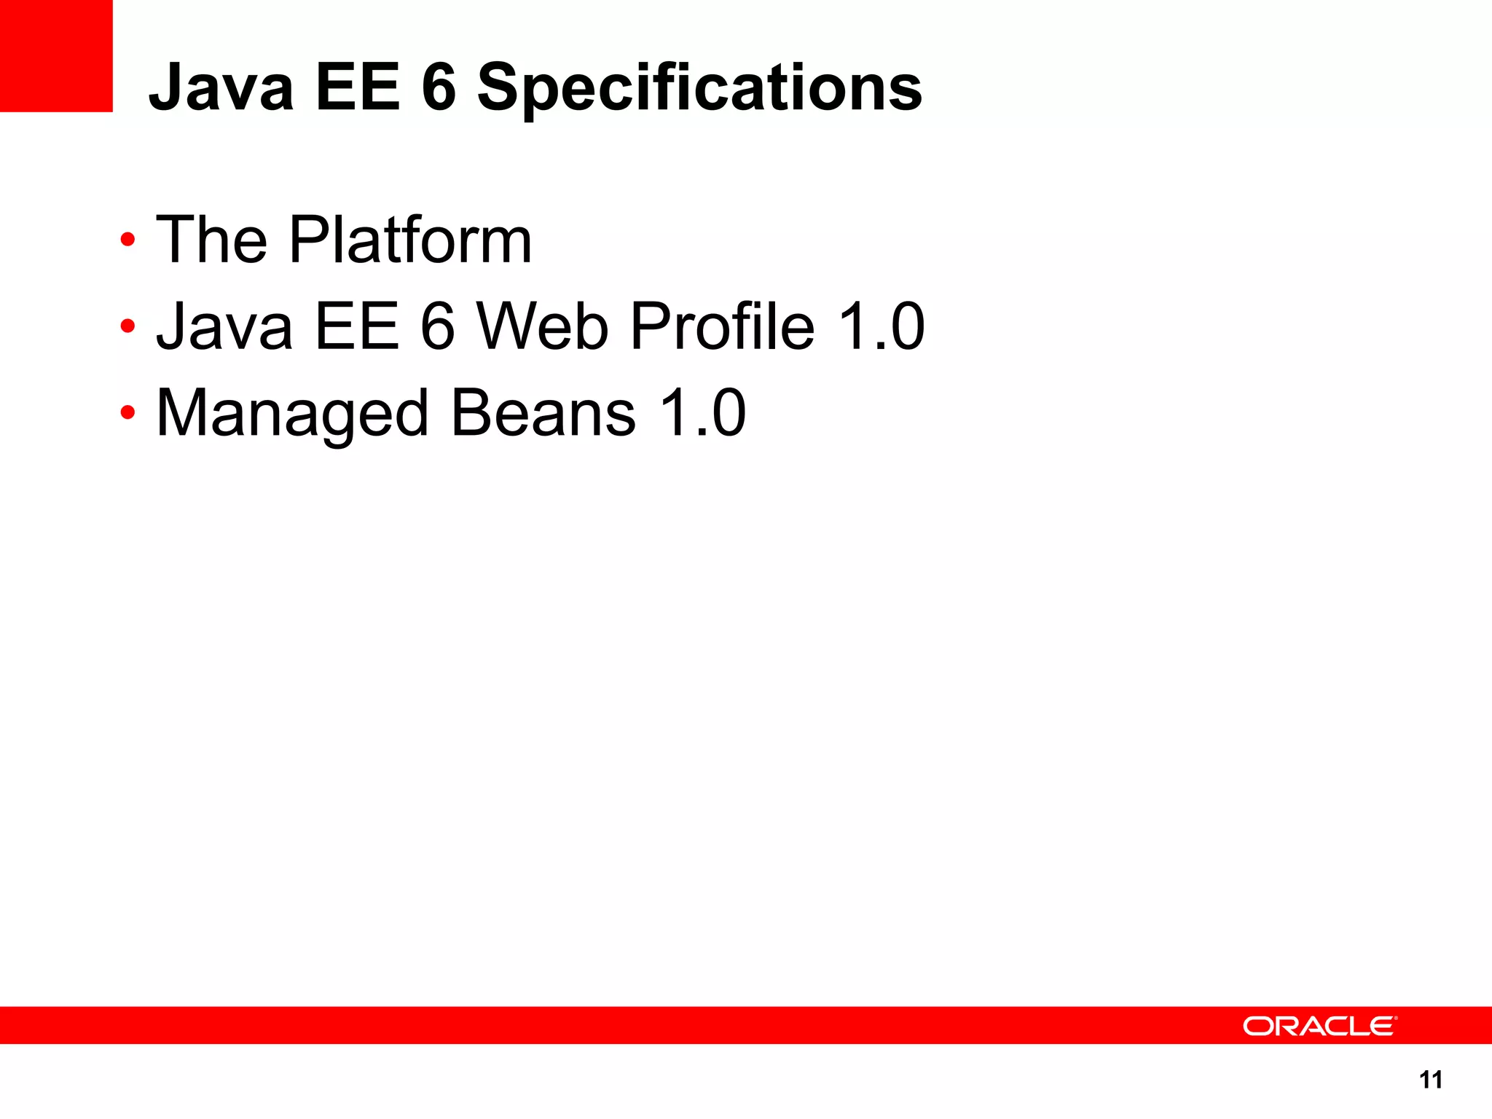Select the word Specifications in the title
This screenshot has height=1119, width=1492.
click(x=699, y=89)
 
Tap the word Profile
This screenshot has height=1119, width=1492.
click(x=722, y=326)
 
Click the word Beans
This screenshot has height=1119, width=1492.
click(x=543, y=412)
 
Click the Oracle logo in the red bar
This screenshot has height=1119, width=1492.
click(x=1319, y=1026)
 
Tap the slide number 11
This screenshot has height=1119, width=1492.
click(x=1431, y=1080)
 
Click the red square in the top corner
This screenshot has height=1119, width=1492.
click(x=56, y=56)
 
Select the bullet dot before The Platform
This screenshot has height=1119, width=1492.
click(x=128, y=240)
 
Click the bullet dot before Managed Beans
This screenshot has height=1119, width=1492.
click(x=128, y=413)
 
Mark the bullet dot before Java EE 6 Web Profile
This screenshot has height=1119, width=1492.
click(x=128, y=326)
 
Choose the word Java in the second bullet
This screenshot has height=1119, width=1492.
click(x=224, y=326)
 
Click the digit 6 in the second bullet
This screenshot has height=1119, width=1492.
click(x=438, y=326)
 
